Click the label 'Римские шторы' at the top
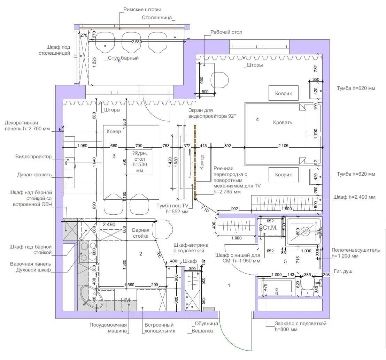[x=142, y=10]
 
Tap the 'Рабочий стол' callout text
[x=226, y=32]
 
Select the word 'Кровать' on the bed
[x=283, y=122]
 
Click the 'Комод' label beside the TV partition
[x=202, y=162]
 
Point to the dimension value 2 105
[x=283, y=146]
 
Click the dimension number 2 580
[x=137, y=42]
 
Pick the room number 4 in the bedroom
[x=257, y=120]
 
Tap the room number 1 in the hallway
[x=229, y=285]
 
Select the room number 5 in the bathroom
[x=285, y=261]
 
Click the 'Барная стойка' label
[x=140, y=233]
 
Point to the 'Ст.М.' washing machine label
[x=270, y=228]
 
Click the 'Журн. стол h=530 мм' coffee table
[x=139, y=162]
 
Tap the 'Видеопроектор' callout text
[x=33, y=156]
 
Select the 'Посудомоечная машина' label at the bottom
[x=108, y=328]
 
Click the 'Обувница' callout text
[x=206, y=323]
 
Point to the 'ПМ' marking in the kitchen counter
[x=125, y=300]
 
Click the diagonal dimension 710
[x=205, y=209]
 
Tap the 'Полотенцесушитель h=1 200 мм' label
[x=355, y=253]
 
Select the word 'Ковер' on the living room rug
[x=114, y=131]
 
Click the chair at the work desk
[x=219, y=80]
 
